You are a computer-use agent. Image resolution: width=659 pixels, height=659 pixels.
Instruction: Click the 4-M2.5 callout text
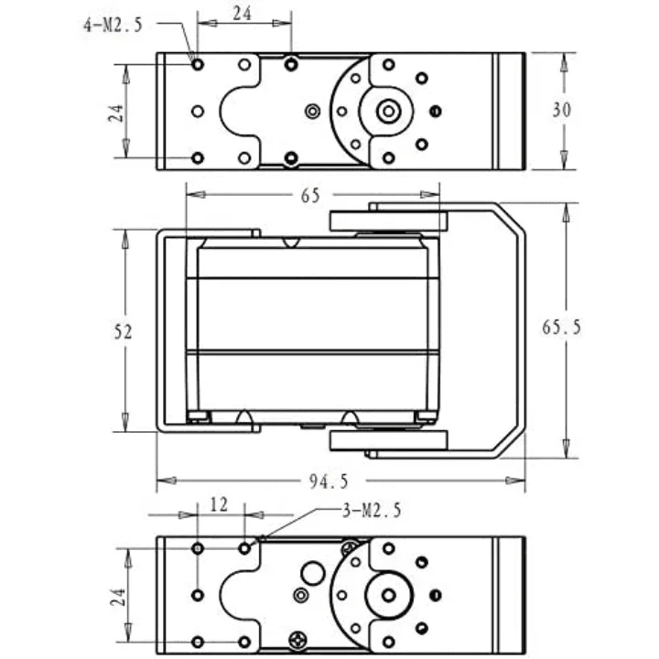(x=113, y=26)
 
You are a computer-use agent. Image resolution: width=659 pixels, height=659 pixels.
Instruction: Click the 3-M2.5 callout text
(x=372, y=511)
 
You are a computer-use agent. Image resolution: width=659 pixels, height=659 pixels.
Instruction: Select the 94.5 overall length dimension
(x=329, y=481)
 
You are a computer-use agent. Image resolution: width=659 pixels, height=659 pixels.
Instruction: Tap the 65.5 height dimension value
(x=561, y=327)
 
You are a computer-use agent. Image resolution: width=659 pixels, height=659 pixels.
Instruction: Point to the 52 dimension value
(x=123, y=332)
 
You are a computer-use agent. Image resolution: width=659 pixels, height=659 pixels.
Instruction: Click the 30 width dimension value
(x=561, y=110)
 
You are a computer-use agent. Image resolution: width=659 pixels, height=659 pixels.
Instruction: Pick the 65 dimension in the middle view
(x=310, y=196)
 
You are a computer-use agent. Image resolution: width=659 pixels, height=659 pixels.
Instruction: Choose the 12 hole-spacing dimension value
(x=219, y=504)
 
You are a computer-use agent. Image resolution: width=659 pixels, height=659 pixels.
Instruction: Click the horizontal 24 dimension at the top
(x=243, y=14)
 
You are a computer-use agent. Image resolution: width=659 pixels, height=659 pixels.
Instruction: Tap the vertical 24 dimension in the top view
(x=117, y=113)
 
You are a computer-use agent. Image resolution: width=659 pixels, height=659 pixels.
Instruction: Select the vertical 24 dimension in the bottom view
(x=118, y=597)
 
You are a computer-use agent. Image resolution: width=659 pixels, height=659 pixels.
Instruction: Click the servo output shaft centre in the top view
(x=389, y=112)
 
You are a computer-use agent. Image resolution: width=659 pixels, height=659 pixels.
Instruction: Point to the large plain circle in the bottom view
(x=313, y=573)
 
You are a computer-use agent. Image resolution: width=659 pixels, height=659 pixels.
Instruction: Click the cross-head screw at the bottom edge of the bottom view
(x=298, y=640)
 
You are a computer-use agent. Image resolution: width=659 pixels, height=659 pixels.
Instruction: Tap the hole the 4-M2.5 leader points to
(x=198, y=65)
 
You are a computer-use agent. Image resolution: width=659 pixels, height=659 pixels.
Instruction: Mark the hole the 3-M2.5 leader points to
(x=244, y=548)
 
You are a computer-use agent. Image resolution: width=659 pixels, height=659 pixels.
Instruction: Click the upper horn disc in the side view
(x=388, y=221)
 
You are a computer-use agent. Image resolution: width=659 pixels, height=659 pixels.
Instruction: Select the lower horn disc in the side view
(x=388, y=440)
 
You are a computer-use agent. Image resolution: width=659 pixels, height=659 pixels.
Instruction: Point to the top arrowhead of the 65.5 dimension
(x=566, y=212)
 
